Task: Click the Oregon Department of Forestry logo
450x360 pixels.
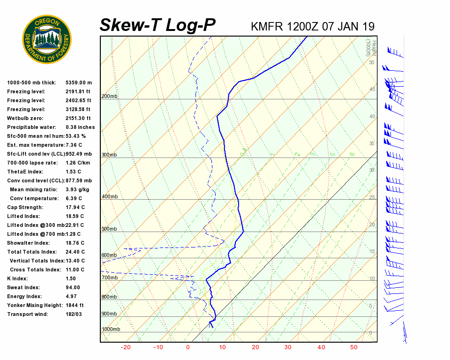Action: (47, 39)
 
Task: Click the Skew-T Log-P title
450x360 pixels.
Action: (157, 25)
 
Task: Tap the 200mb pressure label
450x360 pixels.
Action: (109, 97)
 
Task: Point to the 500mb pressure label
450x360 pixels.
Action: (109, 229)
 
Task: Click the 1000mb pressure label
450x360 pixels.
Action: (111, 330)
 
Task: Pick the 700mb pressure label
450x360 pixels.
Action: (109, 278)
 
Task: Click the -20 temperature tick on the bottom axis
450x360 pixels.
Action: (126, 347)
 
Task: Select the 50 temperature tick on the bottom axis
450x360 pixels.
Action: (354, 347)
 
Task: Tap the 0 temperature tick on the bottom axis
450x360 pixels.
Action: (188, 347)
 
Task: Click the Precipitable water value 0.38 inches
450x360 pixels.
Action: (80, 127)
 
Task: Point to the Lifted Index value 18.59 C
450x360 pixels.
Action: (75, 216)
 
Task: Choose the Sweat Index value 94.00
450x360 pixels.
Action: (73, 287)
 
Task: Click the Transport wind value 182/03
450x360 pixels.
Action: (74, 314)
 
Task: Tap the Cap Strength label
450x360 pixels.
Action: (25, 207)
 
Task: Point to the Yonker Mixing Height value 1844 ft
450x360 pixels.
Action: (75, 305)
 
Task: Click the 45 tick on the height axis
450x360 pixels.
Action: (372, 90)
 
